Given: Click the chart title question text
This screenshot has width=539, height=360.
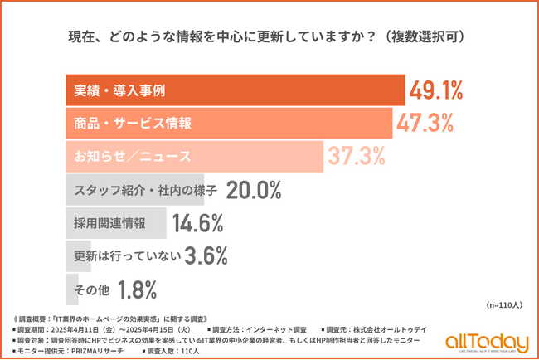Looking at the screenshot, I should [269, 36].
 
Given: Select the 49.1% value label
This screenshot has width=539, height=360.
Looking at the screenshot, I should [435, 90].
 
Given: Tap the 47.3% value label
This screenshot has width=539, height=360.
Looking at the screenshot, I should [425, 123].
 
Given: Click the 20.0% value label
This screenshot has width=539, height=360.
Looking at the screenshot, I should [254, 190].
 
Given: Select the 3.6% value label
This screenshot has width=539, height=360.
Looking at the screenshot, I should [206, 256].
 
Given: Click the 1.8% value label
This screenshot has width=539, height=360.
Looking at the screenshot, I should [138, 289].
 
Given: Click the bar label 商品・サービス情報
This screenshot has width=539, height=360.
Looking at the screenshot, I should [133, 124].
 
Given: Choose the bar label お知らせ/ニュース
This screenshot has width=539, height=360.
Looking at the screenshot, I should [133, 157].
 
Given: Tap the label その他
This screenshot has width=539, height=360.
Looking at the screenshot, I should [90, 289].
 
